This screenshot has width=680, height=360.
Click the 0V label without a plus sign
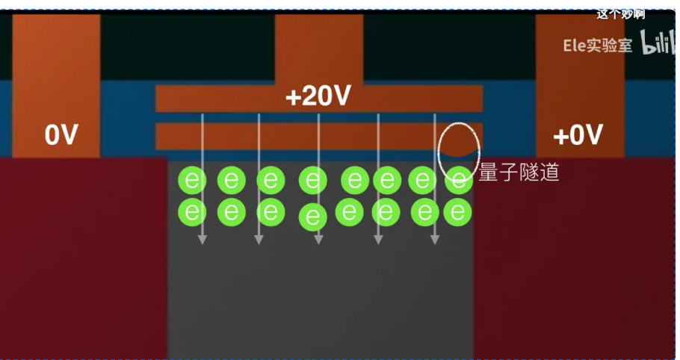coord(61,135)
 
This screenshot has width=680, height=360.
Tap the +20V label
coord(318,97)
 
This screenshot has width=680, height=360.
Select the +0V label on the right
coord(578,135)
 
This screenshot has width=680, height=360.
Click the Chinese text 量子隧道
coord(519,173)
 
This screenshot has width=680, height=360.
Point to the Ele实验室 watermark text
coord(597,46)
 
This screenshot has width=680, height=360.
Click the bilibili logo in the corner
coord(657,46)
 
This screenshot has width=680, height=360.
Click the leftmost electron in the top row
coord(192,181)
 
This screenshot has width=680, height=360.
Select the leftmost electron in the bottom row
coord(192,212)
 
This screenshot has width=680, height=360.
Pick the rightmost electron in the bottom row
coord(457,213)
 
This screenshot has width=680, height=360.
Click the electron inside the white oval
coord(459,180)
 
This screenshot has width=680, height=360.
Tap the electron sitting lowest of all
coord(313,217)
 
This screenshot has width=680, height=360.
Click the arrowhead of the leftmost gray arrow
coord(202,239)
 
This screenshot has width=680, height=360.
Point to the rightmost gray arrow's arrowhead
coord(435,239)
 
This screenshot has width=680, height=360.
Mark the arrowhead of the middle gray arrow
coord(318,239)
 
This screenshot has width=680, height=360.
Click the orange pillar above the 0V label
coord(56,60)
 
